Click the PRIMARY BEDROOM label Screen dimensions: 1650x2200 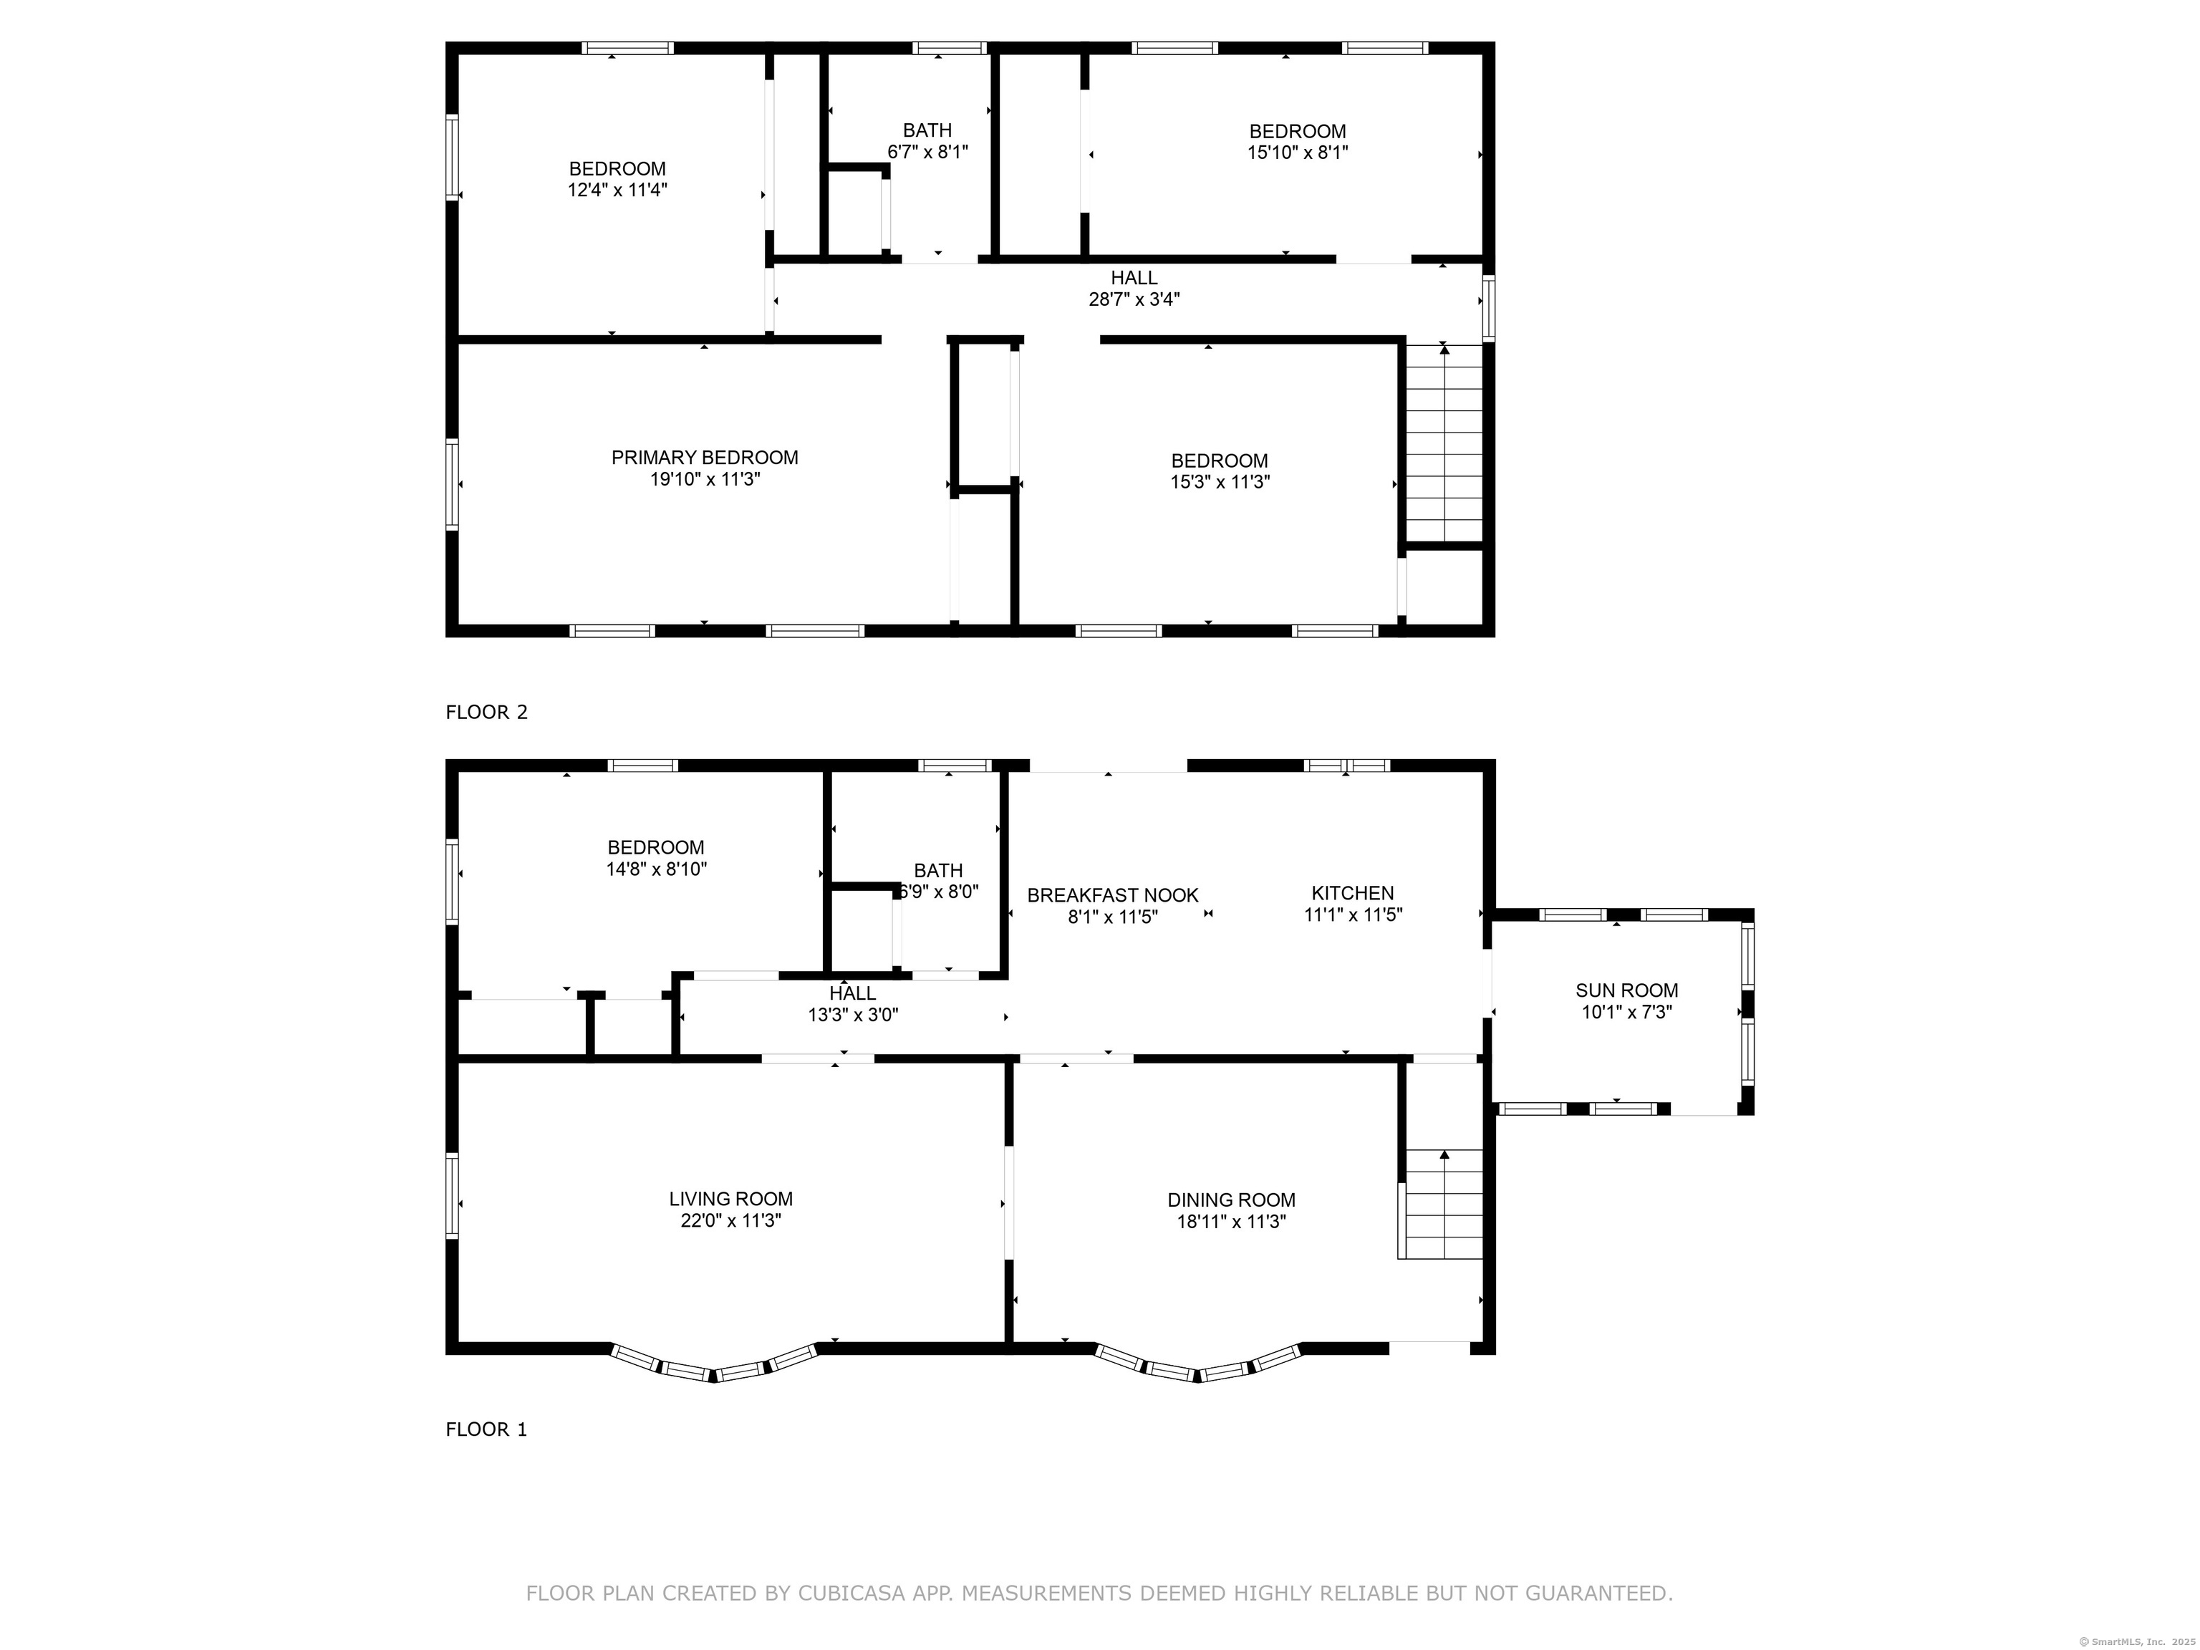coord(704,458)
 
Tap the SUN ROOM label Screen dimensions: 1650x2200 coord(1626,990)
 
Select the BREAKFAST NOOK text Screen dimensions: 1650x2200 coord(1112,895)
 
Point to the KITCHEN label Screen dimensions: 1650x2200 coord(1353,893)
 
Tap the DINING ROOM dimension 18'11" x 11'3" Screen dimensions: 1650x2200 coord(1231,1221)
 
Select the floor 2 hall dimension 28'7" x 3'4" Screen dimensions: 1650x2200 coord(1134,299)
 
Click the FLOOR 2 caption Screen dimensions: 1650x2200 coord(486,712)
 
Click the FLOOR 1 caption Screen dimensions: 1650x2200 coord(486,1429)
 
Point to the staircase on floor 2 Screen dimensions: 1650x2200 coord(1444,443)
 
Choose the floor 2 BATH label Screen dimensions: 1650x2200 coord(927,130)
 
